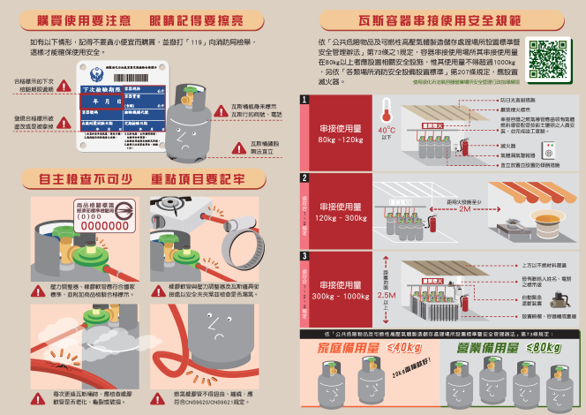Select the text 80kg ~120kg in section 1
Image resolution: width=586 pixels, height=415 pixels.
point(341,140)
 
